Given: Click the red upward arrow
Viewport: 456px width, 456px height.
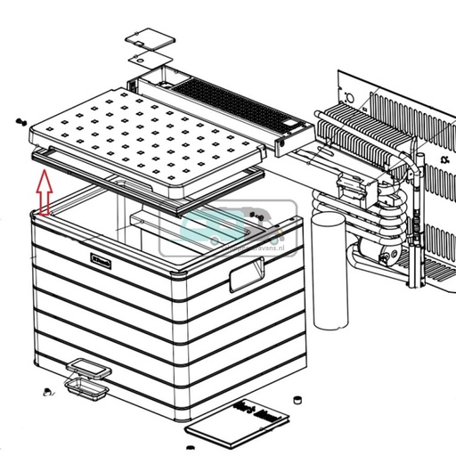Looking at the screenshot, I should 43,194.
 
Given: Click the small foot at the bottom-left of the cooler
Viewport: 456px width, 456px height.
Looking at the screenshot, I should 44,390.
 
